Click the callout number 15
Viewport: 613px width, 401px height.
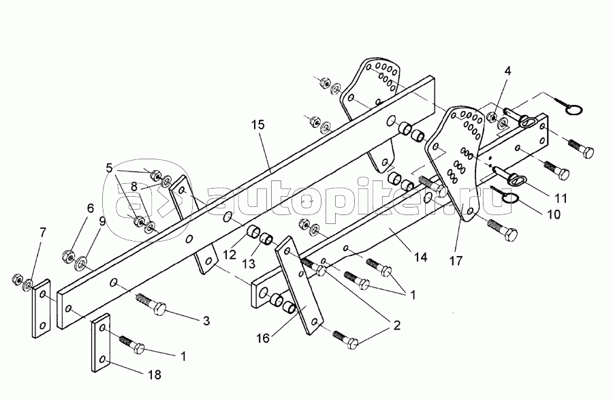pyautogui.click(x=258, y=125)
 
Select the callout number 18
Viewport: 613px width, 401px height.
pyautogui.click(x=155, y=375)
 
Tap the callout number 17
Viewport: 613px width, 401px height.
pyautogui.click(x=456, y=261)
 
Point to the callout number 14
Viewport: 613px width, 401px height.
pyautogui.click(x=420, y=257)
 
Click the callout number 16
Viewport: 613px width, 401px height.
pyautogui.click(x=263, y=338)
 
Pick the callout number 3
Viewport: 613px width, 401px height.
pyautogui.click(x=206, y=321)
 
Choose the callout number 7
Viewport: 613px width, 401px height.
pyautogui.click(x=43, y=233)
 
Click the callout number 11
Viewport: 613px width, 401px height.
pyautogui.click(x=561, y=199)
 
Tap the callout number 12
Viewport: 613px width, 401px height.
pyautogui.click(x=230, y=255)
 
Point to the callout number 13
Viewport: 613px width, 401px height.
pyautogui.click(x=248, y=264)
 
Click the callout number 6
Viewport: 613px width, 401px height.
pyautogui.click(x=91, y=208)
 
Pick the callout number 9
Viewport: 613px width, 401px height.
pyautogui.click(x=102, y=222)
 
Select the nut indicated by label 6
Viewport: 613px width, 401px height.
pyautogui.click(x=68, y=257)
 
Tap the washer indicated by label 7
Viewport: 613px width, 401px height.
pyautogui.click(x=28, y=285)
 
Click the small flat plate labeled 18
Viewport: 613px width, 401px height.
pyautogui.click(x=101, y=342)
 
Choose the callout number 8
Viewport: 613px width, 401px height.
pyautogui.click(x=134, y=187)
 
